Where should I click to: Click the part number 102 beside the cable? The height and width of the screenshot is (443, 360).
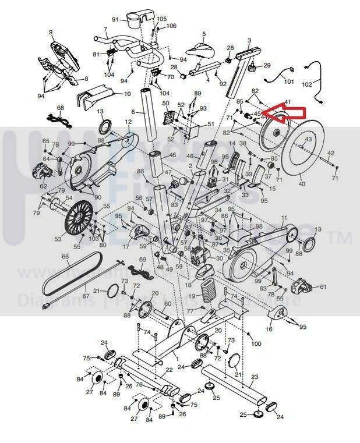(x=323, y=83)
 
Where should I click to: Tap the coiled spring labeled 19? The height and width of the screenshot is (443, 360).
(x=208, y=289)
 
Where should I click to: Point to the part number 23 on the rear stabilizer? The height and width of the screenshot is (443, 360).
(x=254, y=377)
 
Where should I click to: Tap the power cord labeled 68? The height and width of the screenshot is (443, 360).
(x=59, y=119)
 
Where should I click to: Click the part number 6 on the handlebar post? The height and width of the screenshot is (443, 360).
(x=133, y=111)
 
